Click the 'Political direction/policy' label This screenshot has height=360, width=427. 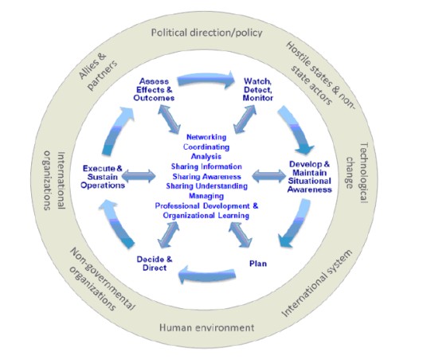(206, 33)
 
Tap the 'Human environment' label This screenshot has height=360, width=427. (206, 327)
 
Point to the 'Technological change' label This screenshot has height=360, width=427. (357, 173)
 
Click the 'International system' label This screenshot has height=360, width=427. (316, 284)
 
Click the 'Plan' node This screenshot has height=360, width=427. (258, 264)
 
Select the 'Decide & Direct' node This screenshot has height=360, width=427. (155, 264)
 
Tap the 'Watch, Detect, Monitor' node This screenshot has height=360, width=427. (257, 89)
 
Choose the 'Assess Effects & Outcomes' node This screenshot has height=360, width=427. (154, 89)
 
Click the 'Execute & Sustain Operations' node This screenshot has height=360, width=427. (103, 177)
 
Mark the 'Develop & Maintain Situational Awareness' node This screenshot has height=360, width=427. (310, 177)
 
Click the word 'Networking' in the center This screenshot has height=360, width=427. (206, 137)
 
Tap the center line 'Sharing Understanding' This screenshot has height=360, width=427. (206, 186)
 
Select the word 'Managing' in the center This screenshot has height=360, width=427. (206, 196)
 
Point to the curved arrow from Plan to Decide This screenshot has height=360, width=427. (207, 275)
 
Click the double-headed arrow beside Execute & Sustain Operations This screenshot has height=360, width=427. (139, 176)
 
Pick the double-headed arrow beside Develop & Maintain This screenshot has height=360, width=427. (268, 176)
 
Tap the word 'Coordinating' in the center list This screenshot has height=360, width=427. (206, 147)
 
